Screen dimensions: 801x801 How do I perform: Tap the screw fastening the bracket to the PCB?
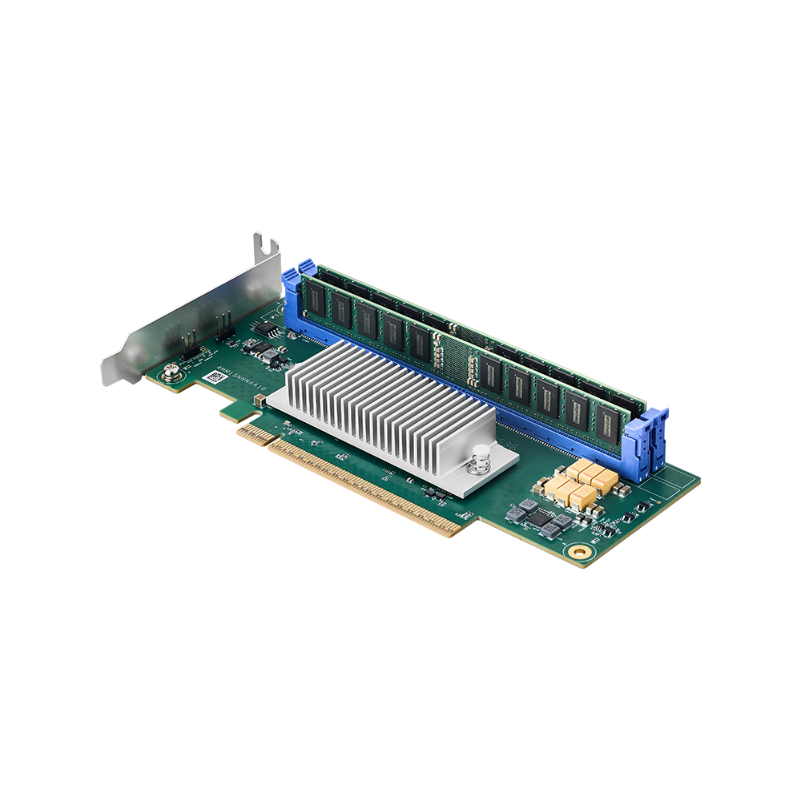coord(170,370)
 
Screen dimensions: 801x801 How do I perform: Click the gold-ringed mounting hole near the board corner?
coord(578,552)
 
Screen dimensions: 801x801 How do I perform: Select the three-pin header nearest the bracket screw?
coord(190,345)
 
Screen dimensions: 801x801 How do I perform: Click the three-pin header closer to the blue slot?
coord(223,324)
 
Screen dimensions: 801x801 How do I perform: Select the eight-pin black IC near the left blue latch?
coord(273,332)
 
